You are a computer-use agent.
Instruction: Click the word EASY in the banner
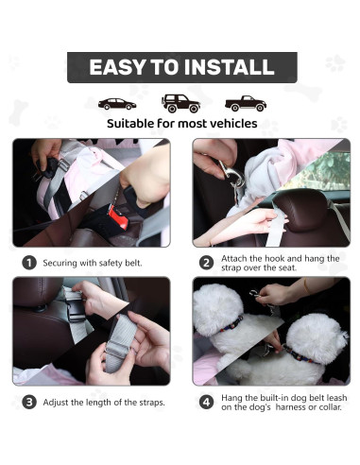click(x=117, y=67)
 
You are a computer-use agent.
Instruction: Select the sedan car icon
click(x=117, y=104)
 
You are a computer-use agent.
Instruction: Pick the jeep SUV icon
click(x=180, y=103)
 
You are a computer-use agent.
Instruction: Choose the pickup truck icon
click(x=246, y=103)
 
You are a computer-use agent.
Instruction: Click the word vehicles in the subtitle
click(x=233, y=124)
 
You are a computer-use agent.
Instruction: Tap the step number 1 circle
click(x=29, y=263)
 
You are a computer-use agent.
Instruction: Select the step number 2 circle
click(x=207, y=263)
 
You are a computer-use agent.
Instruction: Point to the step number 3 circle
click(x=29, y=402)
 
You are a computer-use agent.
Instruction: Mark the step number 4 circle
click(x=207, y=402)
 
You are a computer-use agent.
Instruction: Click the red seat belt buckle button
click(x=118, y=216)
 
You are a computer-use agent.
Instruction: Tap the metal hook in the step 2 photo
click(x=231, y=177)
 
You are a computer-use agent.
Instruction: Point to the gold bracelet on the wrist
click(x=306, y=286)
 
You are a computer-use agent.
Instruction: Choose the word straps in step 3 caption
click(x=150, y=403)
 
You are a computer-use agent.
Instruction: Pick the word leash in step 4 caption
click(x=336, y=398)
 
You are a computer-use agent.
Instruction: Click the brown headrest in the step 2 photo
click(x=301, y=212)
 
